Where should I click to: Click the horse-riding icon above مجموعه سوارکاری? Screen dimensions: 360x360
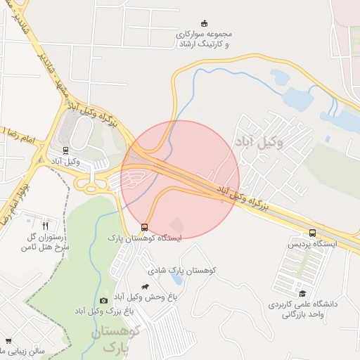coord(205,23)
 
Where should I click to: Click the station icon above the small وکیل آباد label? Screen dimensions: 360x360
coord(66,149)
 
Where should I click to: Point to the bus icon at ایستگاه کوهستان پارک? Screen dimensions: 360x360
coord(144,227)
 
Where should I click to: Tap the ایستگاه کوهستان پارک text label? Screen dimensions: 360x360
coord(143,238)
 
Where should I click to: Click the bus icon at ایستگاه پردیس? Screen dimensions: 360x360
coord(312,233)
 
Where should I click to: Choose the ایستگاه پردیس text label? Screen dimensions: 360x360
coord(312,244)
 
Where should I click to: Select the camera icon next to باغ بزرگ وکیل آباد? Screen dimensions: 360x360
coord(104,300)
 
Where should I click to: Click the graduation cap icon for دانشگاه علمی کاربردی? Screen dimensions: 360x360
coord(302,293)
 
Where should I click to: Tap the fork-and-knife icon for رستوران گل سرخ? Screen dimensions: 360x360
coord(46,226)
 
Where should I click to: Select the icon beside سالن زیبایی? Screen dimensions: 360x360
coord(8,340)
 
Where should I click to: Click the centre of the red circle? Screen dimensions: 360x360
coord(180,180)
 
